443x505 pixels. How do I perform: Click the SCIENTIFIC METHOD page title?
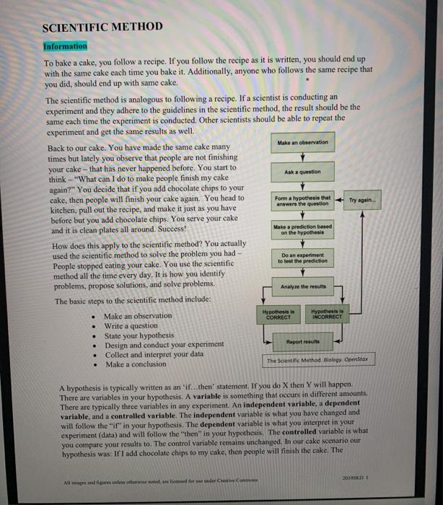(x=102, y=28)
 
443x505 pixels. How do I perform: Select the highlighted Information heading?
(x=66, y=45)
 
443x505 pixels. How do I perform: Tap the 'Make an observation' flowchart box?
(x=302, y=142)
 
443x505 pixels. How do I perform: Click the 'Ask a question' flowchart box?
(x=302, y=171)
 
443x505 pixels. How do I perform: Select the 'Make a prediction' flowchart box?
(x=302, y=229)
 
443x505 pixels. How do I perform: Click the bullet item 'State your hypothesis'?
(x=139, y=335)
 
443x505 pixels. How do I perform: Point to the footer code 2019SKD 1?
(x=372, y=475)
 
